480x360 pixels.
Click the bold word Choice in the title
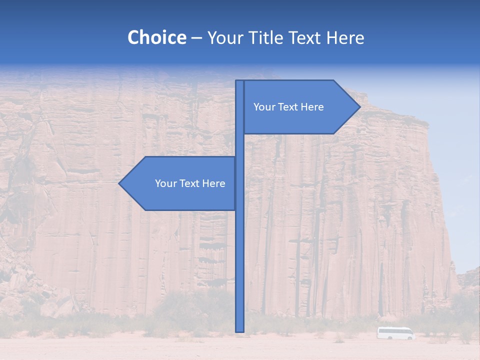click(x=156, y=38)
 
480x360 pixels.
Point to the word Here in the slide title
click(x=345, y=38)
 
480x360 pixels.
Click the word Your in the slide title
click(x=224, y=38)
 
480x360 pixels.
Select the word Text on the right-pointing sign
click(x=286, y=107)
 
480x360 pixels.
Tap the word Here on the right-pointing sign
click(x=311, y=107)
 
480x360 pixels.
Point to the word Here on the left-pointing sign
click(x=213, y=183)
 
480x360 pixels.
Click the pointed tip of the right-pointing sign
click(x=359, y=107)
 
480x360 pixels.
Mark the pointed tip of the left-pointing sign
click(x=119, y=183)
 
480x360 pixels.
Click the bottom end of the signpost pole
click(x=240, y=330)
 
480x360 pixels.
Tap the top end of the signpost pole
click(x=240, y=81)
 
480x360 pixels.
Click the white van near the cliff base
click(x=395, y=333)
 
